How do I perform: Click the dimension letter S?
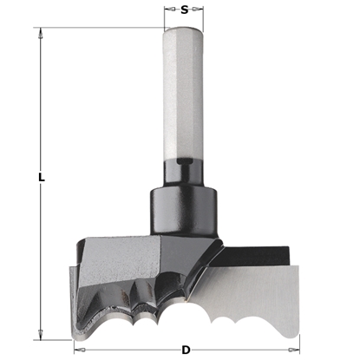(185, 10)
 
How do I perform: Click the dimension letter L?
(41, 178)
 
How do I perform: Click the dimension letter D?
(186, 350)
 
